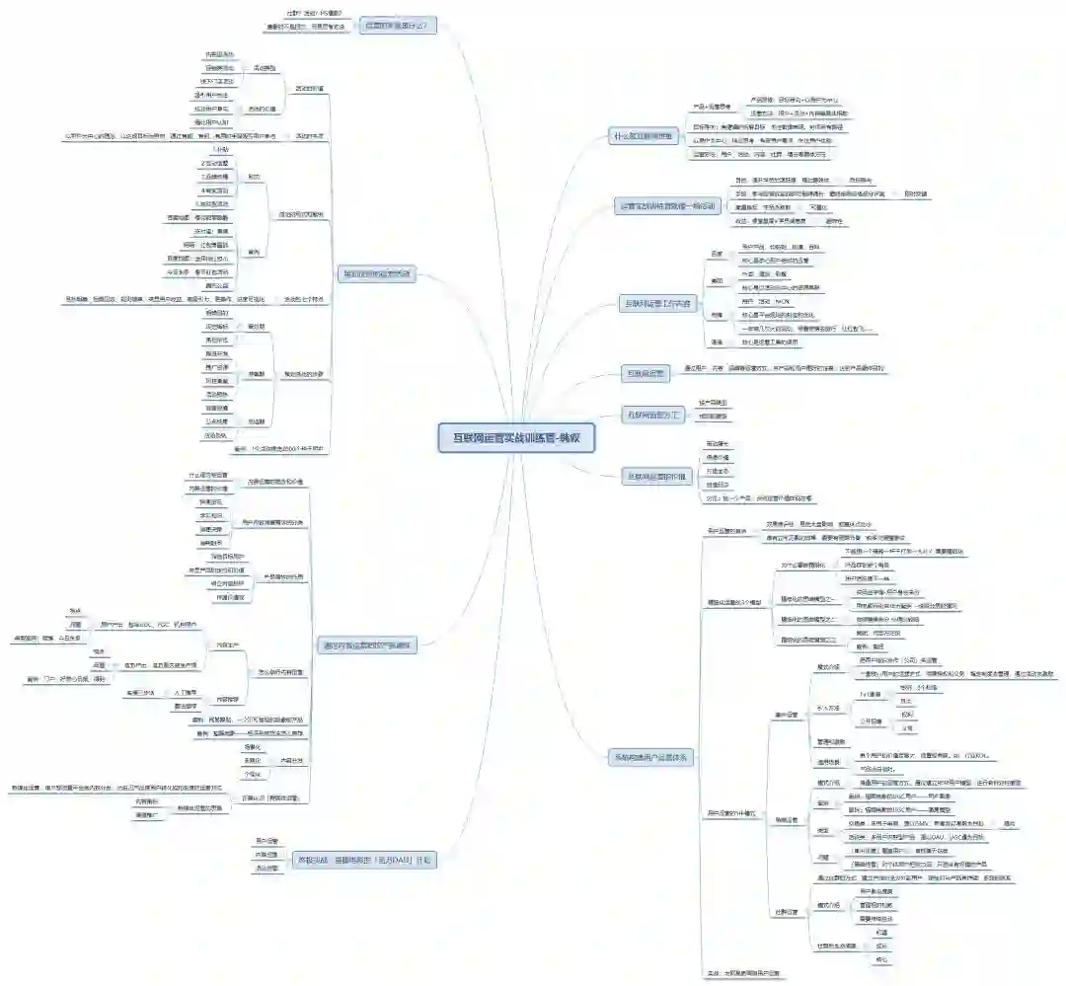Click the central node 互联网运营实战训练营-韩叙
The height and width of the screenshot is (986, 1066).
[x=516, y=437]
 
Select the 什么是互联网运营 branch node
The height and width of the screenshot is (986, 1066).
[x=644, y=135]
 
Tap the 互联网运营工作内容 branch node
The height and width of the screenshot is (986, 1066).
[x=659, y=301]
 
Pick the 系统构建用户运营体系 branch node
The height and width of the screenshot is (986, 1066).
[x=650, y=758]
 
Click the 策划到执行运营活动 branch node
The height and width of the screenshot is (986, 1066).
[x=376, y=272]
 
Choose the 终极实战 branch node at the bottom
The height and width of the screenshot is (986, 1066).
[x=365, y=860]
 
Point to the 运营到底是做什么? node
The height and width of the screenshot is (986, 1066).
[x=396, y=25]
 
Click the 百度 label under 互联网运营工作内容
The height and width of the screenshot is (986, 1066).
[x=718, y=253]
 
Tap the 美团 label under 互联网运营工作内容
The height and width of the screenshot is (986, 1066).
[x=718, y=280]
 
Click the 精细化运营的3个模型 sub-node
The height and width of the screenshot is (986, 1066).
[x=733, y=601]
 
